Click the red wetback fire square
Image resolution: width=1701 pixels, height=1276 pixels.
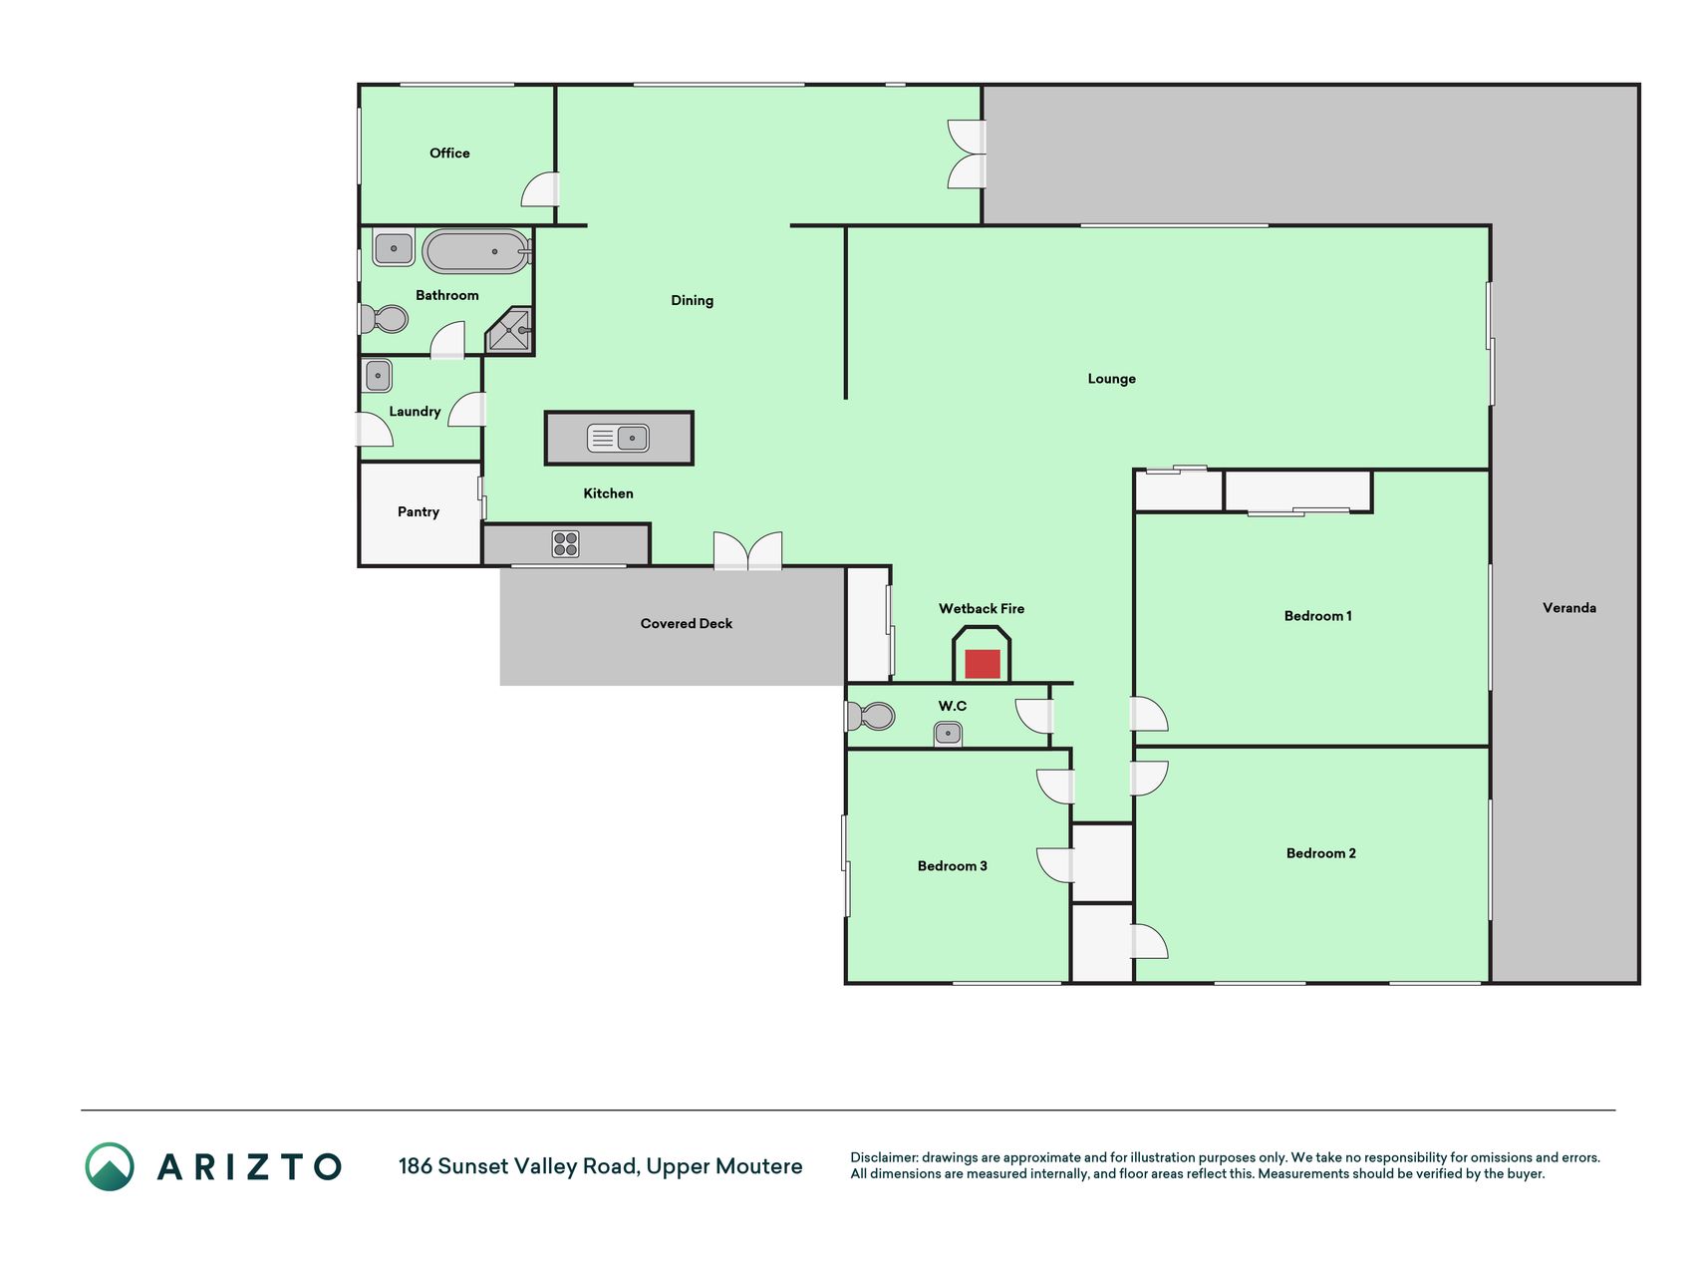pos(982,664)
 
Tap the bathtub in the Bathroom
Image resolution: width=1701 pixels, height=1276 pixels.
pos(476,251)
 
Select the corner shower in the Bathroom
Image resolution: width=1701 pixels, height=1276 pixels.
pos(509,330)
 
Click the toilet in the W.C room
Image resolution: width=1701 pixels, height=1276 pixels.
pos(870,716)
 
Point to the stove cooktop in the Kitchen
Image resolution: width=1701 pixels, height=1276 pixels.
pos(565,544)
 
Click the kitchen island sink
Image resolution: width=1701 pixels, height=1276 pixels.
pos(618,438)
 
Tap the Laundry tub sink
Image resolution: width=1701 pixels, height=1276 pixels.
pos(378,376)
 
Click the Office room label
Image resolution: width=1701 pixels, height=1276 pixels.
pos(449,153)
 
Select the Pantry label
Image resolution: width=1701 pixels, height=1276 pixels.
pos(419,511)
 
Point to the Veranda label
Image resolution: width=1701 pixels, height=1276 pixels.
pos(1569,607)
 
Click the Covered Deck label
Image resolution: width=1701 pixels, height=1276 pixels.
pos(687,623)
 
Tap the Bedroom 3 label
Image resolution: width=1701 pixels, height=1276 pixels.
pos(953,865)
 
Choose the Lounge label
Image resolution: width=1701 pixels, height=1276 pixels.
pos(1112,379)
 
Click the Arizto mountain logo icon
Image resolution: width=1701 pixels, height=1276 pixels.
pos(110,1166)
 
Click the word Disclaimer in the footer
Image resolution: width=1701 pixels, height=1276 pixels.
pos(884,1157)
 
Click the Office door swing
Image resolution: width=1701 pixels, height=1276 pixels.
pos(540,189)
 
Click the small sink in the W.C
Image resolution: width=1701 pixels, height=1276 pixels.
pos(948,735)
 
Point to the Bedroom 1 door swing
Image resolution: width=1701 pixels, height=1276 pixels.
pos(1149,714)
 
